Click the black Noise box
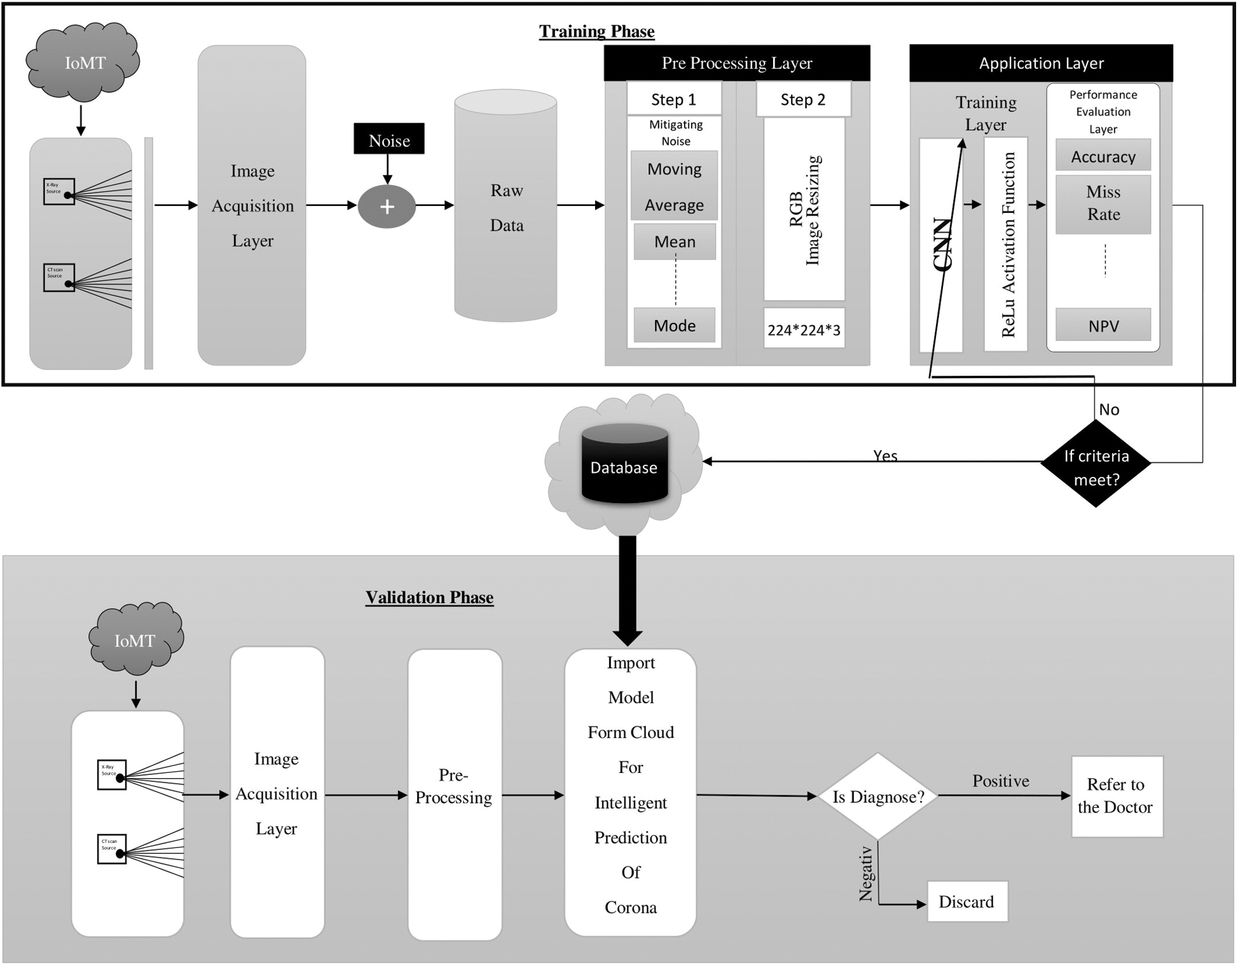coord(389,139)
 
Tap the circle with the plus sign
coord(387,207)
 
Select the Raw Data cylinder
coord(506,207)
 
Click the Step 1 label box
coord(674,99)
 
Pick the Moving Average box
coord(674,186)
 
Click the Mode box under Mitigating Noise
coord(675,325)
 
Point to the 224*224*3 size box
coord(804,329)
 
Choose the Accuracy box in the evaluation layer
coord(1103,156)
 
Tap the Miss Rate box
coord(1103,203)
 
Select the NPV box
coord(1103,325)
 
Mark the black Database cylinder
coord(624,464)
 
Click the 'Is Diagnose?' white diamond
coord(877,796)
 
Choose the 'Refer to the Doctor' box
coord(1117,796)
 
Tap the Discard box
coord(967,901)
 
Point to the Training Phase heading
coord(596,31)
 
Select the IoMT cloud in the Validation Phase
coord(135,638)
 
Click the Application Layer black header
coord(1040,63)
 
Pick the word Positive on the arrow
coord(1000,781)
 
